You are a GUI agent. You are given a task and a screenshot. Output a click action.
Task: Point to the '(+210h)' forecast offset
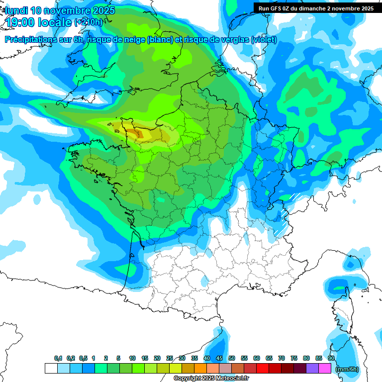88,22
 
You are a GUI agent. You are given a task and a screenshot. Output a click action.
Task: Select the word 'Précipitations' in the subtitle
30,40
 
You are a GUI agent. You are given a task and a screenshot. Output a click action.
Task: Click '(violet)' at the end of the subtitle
264,40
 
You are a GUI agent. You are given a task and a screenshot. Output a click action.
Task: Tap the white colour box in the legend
51,369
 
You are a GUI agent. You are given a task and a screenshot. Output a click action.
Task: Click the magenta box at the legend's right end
325,369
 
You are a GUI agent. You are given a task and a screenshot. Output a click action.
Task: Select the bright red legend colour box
263,369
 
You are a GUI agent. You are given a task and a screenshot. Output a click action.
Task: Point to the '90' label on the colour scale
331,358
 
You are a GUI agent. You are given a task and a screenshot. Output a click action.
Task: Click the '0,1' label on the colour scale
58,358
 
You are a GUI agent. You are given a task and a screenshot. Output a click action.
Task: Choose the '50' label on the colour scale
232,358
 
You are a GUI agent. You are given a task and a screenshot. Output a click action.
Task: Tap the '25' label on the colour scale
170,358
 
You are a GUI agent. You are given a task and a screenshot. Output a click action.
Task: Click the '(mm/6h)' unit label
347,369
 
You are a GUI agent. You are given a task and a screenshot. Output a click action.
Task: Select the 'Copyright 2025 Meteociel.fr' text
211,379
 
